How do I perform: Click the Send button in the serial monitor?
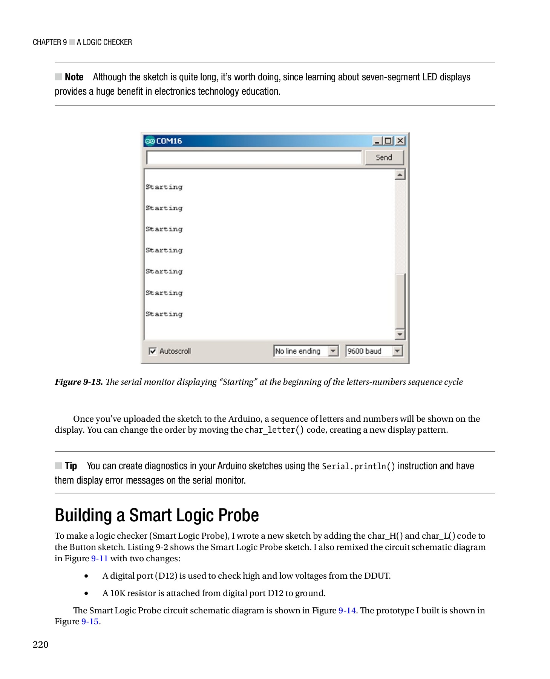point(384,158)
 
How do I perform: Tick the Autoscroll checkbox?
point(153,351)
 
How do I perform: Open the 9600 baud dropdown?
point(397,351)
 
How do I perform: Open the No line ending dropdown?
point(333,351)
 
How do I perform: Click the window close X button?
point(400,141)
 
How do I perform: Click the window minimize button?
point(377,141)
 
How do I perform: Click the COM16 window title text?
point(169,141)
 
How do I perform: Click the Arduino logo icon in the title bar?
point(150,141)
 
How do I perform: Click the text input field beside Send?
point(253,158)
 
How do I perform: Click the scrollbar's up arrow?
point(400,175)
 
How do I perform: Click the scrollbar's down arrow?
point(400,334)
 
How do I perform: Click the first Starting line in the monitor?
point(164,187)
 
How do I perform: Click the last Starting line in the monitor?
point(164,314)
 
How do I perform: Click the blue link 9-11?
point(100,558)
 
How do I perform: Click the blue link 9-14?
point(347,610)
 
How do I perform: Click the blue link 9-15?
point(90,621)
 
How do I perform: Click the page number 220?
point(41,644)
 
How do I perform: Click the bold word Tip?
point(71,466)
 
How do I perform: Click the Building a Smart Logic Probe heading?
point(157,515)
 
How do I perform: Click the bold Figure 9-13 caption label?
point(79,382)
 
